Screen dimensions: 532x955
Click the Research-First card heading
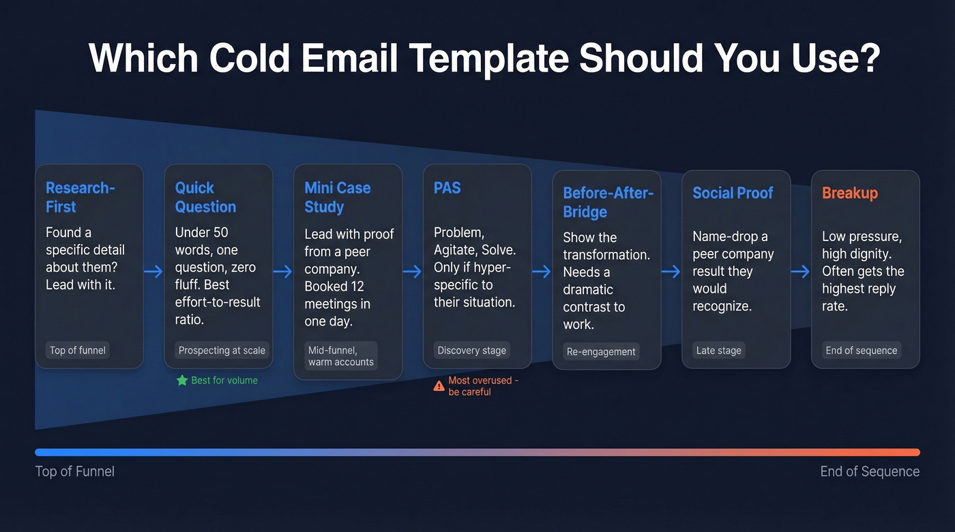pos(80,198)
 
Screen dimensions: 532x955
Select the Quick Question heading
pos(205,198)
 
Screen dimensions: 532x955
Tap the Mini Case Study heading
pos(337,198)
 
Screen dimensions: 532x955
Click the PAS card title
pos(447,188)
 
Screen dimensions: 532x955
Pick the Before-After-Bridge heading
pos(608,202)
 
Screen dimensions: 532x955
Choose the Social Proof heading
pos(733,193)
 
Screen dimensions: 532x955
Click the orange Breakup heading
pos(849,193)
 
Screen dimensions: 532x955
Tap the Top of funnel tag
pos(78,351)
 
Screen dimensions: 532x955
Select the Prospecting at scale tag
pos(222,351)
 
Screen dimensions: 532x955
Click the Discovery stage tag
pos(472,351)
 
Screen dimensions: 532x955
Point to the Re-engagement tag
pos(601,352)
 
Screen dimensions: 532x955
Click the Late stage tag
pos(719,351)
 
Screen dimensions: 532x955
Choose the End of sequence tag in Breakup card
pos(861,351)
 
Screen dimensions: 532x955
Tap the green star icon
pos(182,380)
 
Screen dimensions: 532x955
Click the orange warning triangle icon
pos(439,386)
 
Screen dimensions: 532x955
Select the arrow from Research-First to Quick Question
pos(153,272)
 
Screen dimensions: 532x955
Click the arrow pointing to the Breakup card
pos(800,272)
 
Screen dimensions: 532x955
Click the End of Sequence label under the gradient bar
pos(870,471)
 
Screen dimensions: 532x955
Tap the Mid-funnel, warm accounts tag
pos(340,356)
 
